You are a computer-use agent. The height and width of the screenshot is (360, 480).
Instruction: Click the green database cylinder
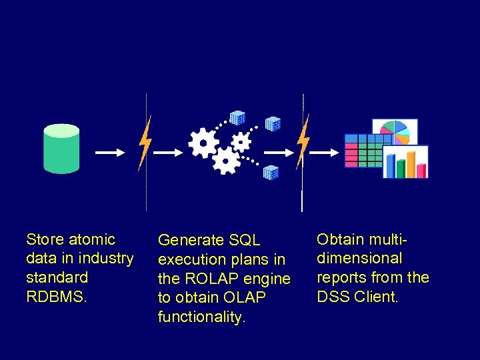(x=61, y=149)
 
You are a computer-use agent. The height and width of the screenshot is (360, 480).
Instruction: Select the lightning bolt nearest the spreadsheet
(x=303, y=141)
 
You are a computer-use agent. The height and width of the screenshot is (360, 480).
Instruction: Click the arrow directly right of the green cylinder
(x=109, y=153)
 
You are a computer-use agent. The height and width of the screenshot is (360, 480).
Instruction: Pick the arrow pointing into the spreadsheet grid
(x=325, y=153)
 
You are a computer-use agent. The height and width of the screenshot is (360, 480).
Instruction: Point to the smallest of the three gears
(x=241, y=141)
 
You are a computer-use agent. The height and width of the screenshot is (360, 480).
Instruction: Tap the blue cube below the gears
(x=271, y=172)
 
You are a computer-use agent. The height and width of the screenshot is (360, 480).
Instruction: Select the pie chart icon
(x=395, y=132)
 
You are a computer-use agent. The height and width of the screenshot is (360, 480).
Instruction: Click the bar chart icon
(x=405, y=162)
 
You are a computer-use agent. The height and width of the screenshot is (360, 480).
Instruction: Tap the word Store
(x=45, y=239)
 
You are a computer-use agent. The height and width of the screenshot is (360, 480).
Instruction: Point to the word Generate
(x=191, y=240)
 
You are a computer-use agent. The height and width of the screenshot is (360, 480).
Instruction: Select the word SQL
(x=244, y=240)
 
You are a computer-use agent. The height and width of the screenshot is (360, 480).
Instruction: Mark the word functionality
(x=201, y=317)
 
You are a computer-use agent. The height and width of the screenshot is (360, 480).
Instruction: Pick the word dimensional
(x=359, y=258)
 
